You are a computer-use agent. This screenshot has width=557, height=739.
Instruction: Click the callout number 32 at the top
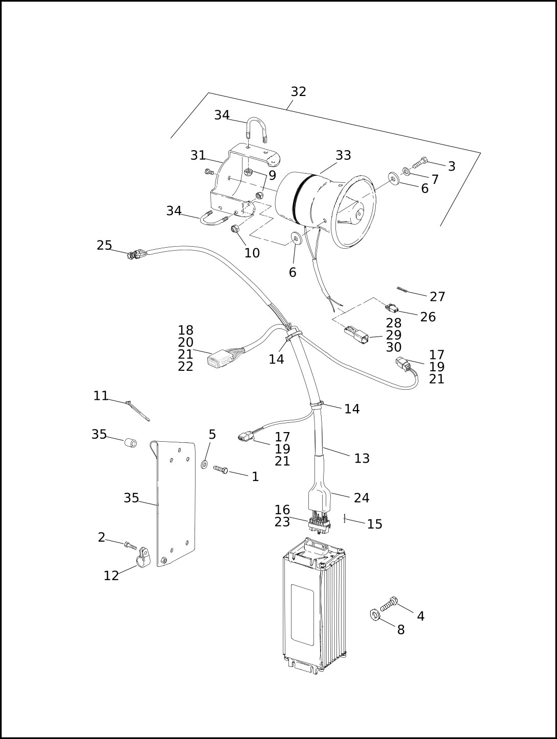tap(298, 91)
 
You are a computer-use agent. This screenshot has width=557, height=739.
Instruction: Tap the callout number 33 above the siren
tap(343, 155)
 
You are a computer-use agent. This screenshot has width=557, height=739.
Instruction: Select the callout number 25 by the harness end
tap(104, 245)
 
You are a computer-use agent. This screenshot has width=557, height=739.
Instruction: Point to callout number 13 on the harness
tap(362, 458)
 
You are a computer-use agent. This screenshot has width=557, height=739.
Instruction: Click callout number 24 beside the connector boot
tap(361, 497)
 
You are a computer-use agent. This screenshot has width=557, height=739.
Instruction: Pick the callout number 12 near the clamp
tap(111, 576)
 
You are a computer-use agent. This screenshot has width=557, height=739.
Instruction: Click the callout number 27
tap(437, 297)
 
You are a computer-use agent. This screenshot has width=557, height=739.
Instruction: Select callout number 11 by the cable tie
tap(101, 396)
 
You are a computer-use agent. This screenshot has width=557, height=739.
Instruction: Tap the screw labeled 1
tap(221, 469)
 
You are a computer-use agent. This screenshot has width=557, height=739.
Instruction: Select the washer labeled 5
tap(204, 465)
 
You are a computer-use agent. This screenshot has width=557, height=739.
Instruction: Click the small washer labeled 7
tap(406, 172)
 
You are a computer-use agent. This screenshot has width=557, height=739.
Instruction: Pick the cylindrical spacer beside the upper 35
tap(131, 442)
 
